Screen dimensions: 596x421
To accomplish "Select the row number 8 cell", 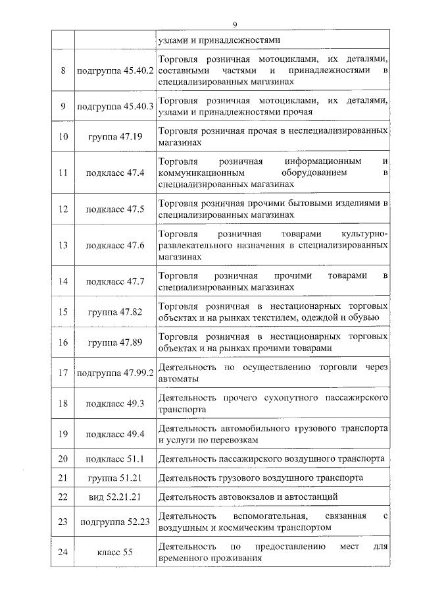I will tap(63, 70).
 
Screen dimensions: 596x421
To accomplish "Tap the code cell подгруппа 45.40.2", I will tap(115, 70).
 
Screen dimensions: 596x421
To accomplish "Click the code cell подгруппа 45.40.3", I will tap(115, 106).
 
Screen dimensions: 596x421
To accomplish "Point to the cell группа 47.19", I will tap(115, 137).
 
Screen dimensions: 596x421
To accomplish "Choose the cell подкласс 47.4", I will tap(115, 173).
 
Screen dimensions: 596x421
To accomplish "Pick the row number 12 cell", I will tap(63, 209).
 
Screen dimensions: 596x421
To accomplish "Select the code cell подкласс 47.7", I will tap(115, 281).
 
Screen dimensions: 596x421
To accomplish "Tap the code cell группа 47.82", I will tap(115, 312).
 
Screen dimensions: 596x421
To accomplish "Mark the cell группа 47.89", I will tap(115, 342).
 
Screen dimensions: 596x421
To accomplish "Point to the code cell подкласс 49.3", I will tap(115, 404).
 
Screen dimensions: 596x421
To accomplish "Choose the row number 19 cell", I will tap(63, 434).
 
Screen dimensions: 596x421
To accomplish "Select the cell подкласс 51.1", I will tap(115, 459).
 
